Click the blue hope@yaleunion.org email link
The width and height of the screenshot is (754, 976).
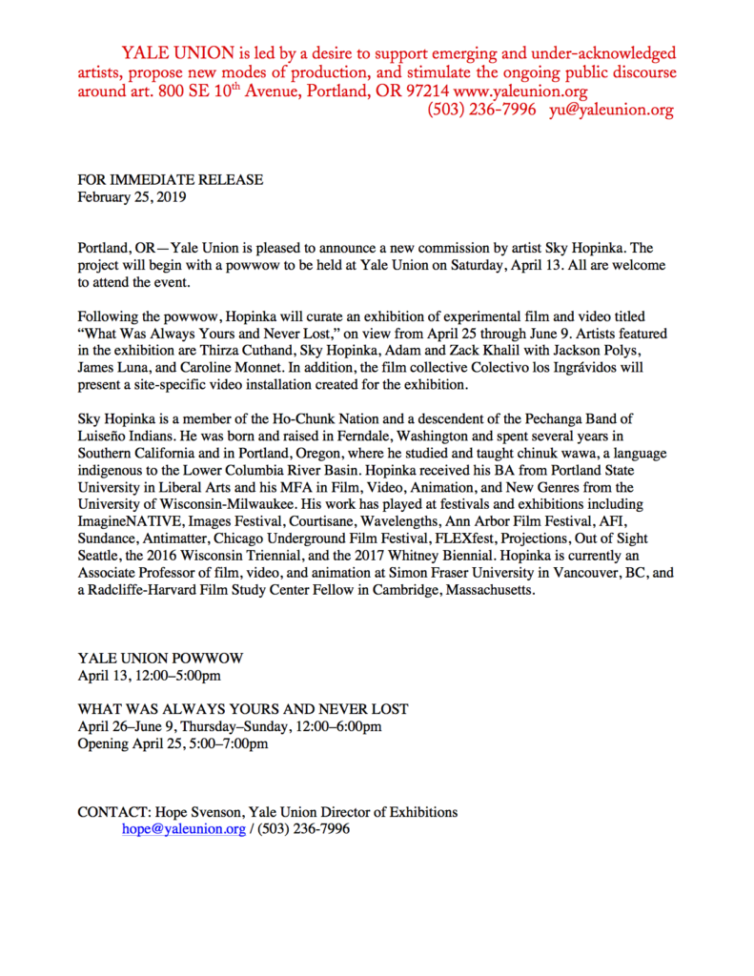coord(183,829)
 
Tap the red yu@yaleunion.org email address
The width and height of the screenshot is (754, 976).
coord(611,110)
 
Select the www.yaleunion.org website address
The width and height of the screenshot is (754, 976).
coord(520,91)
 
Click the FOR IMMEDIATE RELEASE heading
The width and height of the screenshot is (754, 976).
coord(170,180)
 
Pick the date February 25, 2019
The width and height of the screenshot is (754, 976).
coord(132,198)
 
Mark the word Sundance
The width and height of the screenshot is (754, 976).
coord(105,539)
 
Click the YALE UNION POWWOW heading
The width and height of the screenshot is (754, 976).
coord(160,659)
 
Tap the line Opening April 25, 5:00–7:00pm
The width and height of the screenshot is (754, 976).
coord(173,743)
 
